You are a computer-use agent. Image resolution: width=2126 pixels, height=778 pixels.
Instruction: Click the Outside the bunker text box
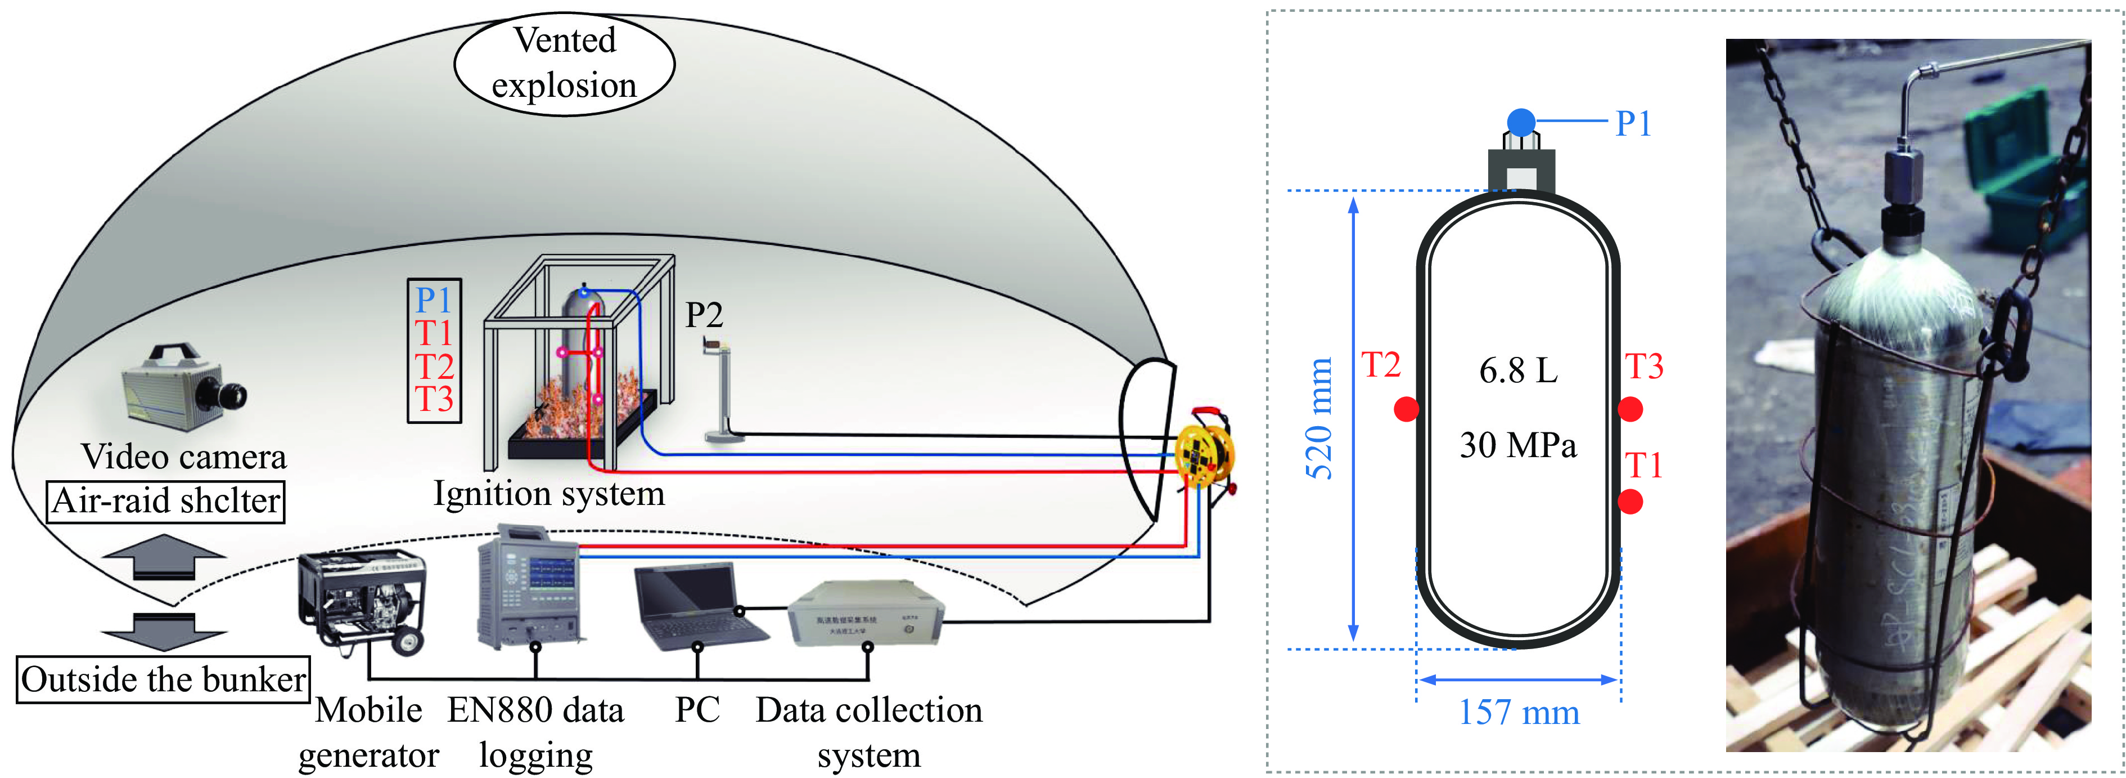164,679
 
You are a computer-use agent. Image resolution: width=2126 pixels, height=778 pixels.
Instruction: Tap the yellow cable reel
1204,453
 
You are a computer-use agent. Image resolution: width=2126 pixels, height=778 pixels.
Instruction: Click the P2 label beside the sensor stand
704,315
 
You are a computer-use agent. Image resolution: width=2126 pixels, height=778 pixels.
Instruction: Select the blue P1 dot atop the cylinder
1521,122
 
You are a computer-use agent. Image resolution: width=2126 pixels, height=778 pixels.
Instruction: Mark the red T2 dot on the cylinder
1406,409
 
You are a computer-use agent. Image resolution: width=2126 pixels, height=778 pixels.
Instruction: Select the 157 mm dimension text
1519,712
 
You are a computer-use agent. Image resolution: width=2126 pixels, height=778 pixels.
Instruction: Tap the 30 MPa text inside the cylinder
1518,445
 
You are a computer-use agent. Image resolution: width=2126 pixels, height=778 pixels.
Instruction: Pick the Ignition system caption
549,494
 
